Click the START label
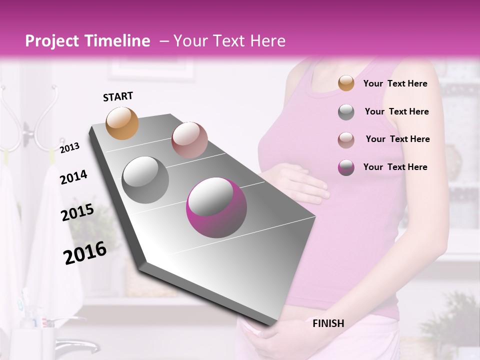[x=118, y=96]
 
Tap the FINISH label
[x=328, y=323]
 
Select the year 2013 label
[x=69, y=147]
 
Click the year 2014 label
[x=73, y=177]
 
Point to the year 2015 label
[x=77, y=212]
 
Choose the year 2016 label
[x=85, y=252]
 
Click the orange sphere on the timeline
[x=122, y=123]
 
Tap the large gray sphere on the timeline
[x=145, y=179]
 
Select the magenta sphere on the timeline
[x=216, y=208]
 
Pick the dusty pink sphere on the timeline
[x=189, y=140]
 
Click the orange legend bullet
[x=346, y=83]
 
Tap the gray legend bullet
[x=346, y=112]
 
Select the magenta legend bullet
[x=346, y=167]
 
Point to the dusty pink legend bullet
[x=346, y=139]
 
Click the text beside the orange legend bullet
[x=395, y=83]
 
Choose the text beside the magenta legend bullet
[x=395, y=167]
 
